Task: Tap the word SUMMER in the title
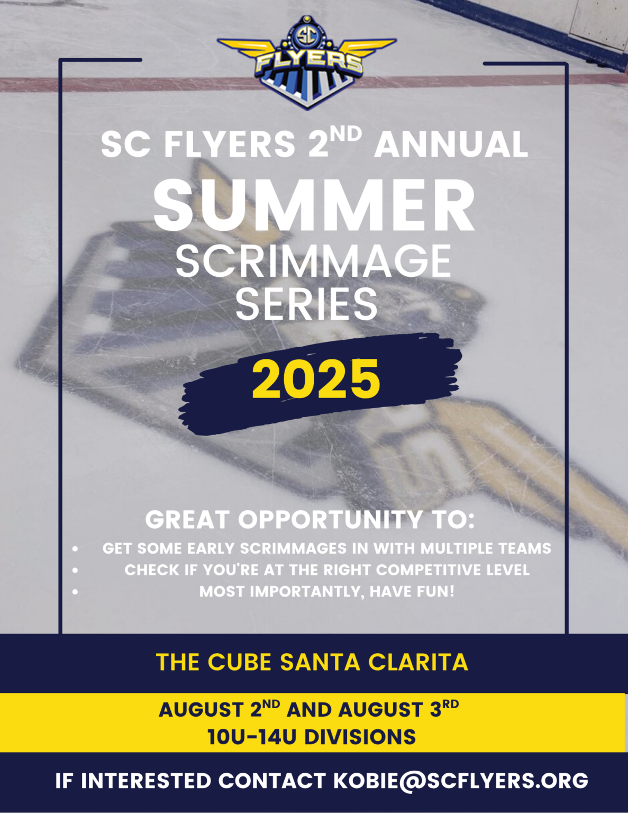click(x=314, y=206)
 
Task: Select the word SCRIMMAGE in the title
click(x=313, y=261)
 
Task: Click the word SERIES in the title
click(x=306, y=304)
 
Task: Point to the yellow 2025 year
click(x=316, y=380)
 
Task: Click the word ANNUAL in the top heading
click(x=451, y=144)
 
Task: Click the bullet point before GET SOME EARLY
click(x=76, y=549)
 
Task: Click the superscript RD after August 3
click(x=451, y=704)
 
